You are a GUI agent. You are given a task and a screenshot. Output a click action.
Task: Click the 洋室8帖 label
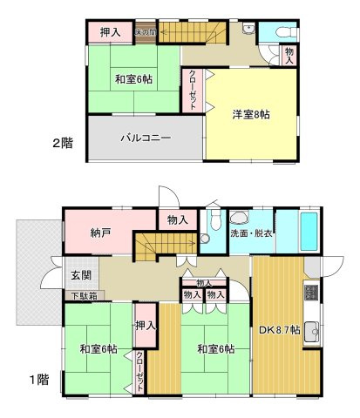[x=250, y=115]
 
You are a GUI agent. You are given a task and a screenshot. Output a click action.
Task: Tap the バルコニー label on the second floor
[x=146, y=138]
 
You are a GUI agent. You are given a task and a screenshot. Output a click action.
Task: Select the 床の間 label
[x=145, y=33]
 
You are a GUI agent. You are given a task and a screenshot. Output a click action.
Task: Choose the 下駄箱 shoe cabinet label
[x=85, y=296]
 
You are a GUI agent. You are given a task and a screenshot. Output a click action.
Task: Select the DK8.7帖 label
[x=279, y=329]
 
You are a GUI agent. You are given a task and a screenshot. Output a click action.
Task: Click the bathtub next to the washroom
[x=310, y=230]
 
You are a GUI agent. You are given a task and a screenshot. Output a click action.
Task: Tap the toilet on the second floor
[x=286, y=31]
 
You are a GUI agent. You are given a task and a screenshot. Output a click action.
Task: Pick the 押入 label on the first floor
[x=146, y=326]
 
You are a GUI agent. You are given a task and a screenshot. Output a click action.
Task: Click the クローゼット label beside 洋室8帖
[x=193, y=89]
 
